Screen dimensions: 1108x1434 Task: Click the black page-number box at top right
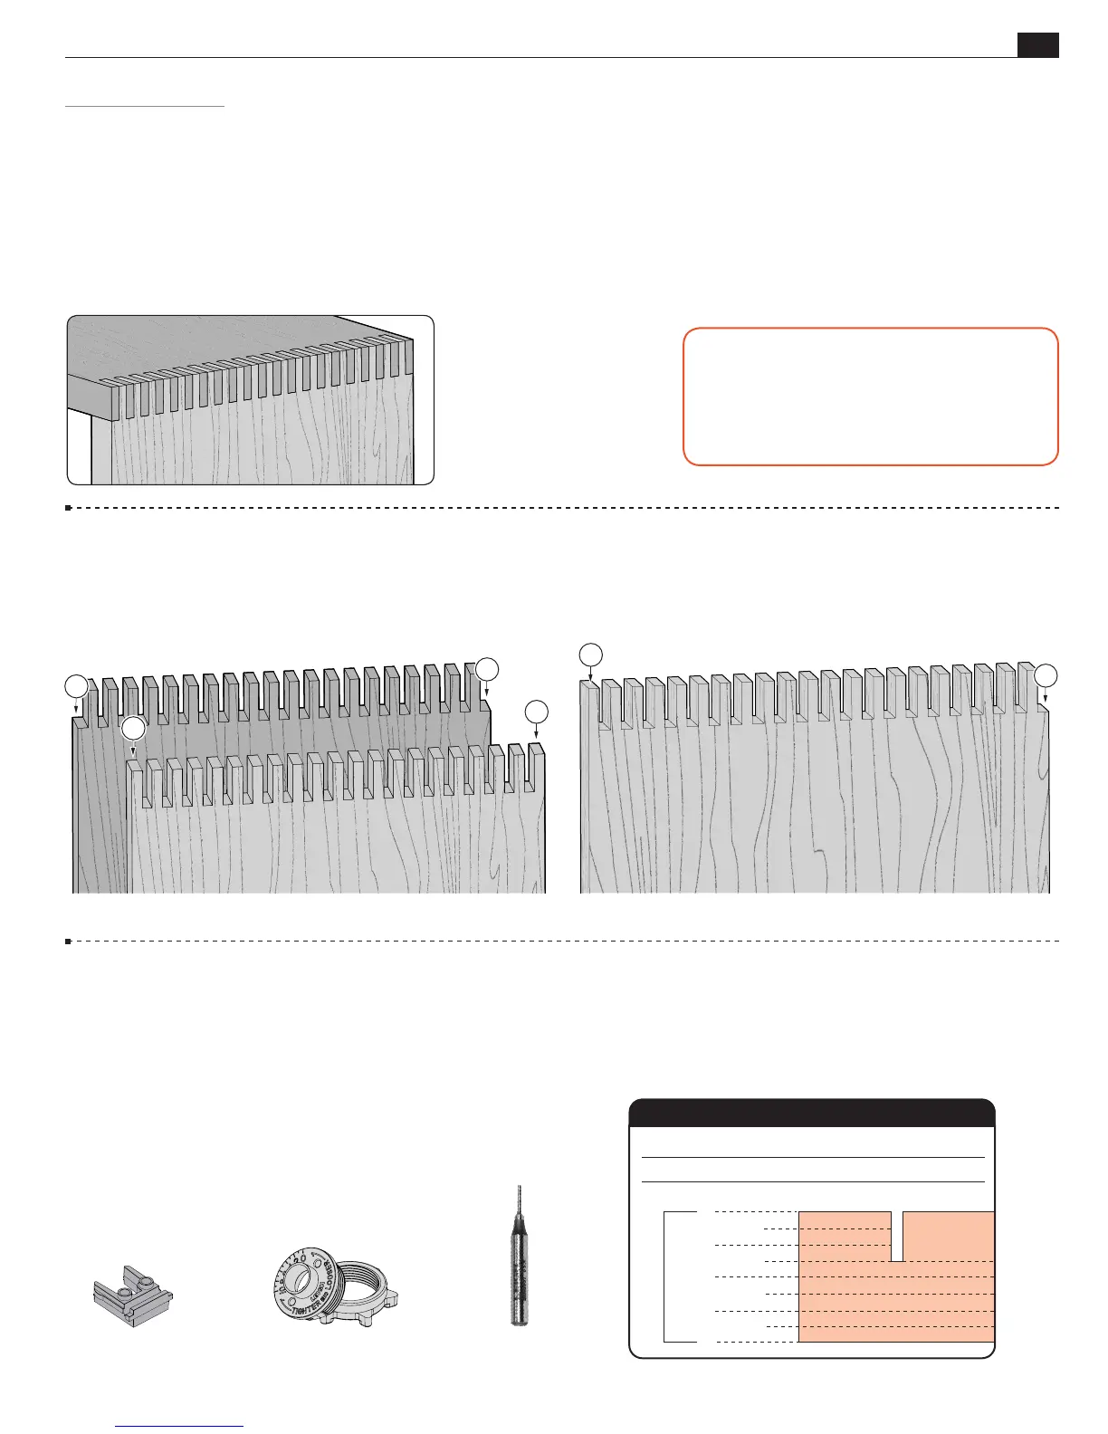[x=1037, y=45]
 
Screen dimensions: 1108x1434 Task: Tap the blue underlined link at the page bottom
[x=181, y=1427]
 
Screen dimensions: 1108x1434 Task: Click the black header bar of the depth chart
[x=812, y=1113]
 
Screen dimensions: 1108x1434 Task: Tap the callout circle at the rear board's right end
[x=487, y=669]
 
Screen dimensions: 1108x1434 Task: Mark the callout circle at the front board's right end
[x=537, y=711]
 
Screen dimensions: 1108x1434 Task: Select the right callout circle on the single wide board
[x=1046, y=675]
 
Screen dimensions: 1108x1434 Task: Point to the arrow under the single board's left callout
[x=590, y=674]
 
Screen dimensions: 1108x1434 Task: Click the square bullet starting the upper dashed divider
[x=69, y=508]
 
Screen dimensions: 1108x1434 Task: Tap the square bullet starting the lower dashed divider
[x=69, y=942]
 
